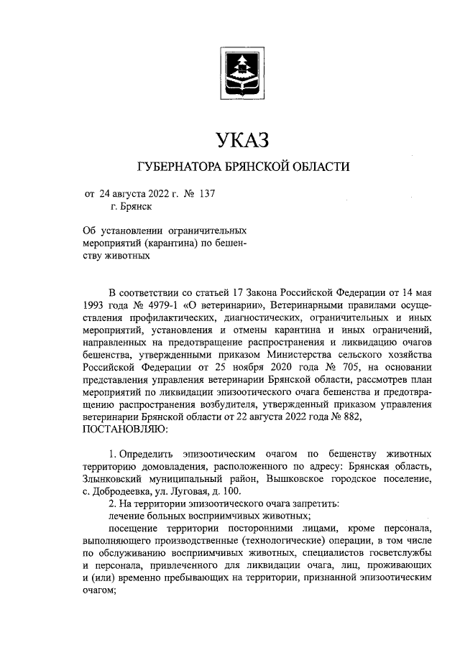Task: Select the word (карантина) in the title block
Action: tap(173, 243)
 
